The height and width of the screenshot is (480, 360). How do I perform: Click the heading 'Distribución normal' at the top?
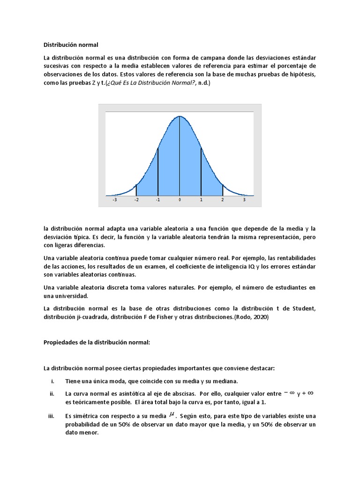click(71, 45)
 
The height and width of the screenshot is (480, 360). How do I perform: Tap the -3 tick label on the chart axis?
click(115, 200)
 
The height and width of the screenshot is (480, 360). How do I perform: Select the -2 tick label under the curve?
click(136, 200)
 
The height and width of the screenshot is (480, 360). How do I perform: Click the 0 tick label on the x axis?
click(180, 200)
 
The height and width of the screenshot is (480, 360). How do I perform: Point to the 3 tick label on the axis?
click(244, 200)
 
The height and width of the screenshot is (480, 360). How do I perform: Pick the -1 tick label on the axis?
click(158, 200)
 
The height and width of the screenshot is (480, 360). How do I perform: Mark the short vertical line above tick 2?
click(223, 190)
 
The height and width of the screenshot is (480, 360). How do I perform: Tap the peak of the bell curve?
click(180, 116)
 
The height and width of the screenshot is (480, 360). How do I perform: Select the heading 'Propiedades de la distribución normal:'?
click(97, 343)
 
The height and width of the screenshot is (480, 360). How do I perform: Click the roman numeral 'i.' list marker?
click(53, 381)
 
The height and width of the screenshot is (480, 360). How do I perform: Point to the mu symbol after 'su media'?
click(172, 414)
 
